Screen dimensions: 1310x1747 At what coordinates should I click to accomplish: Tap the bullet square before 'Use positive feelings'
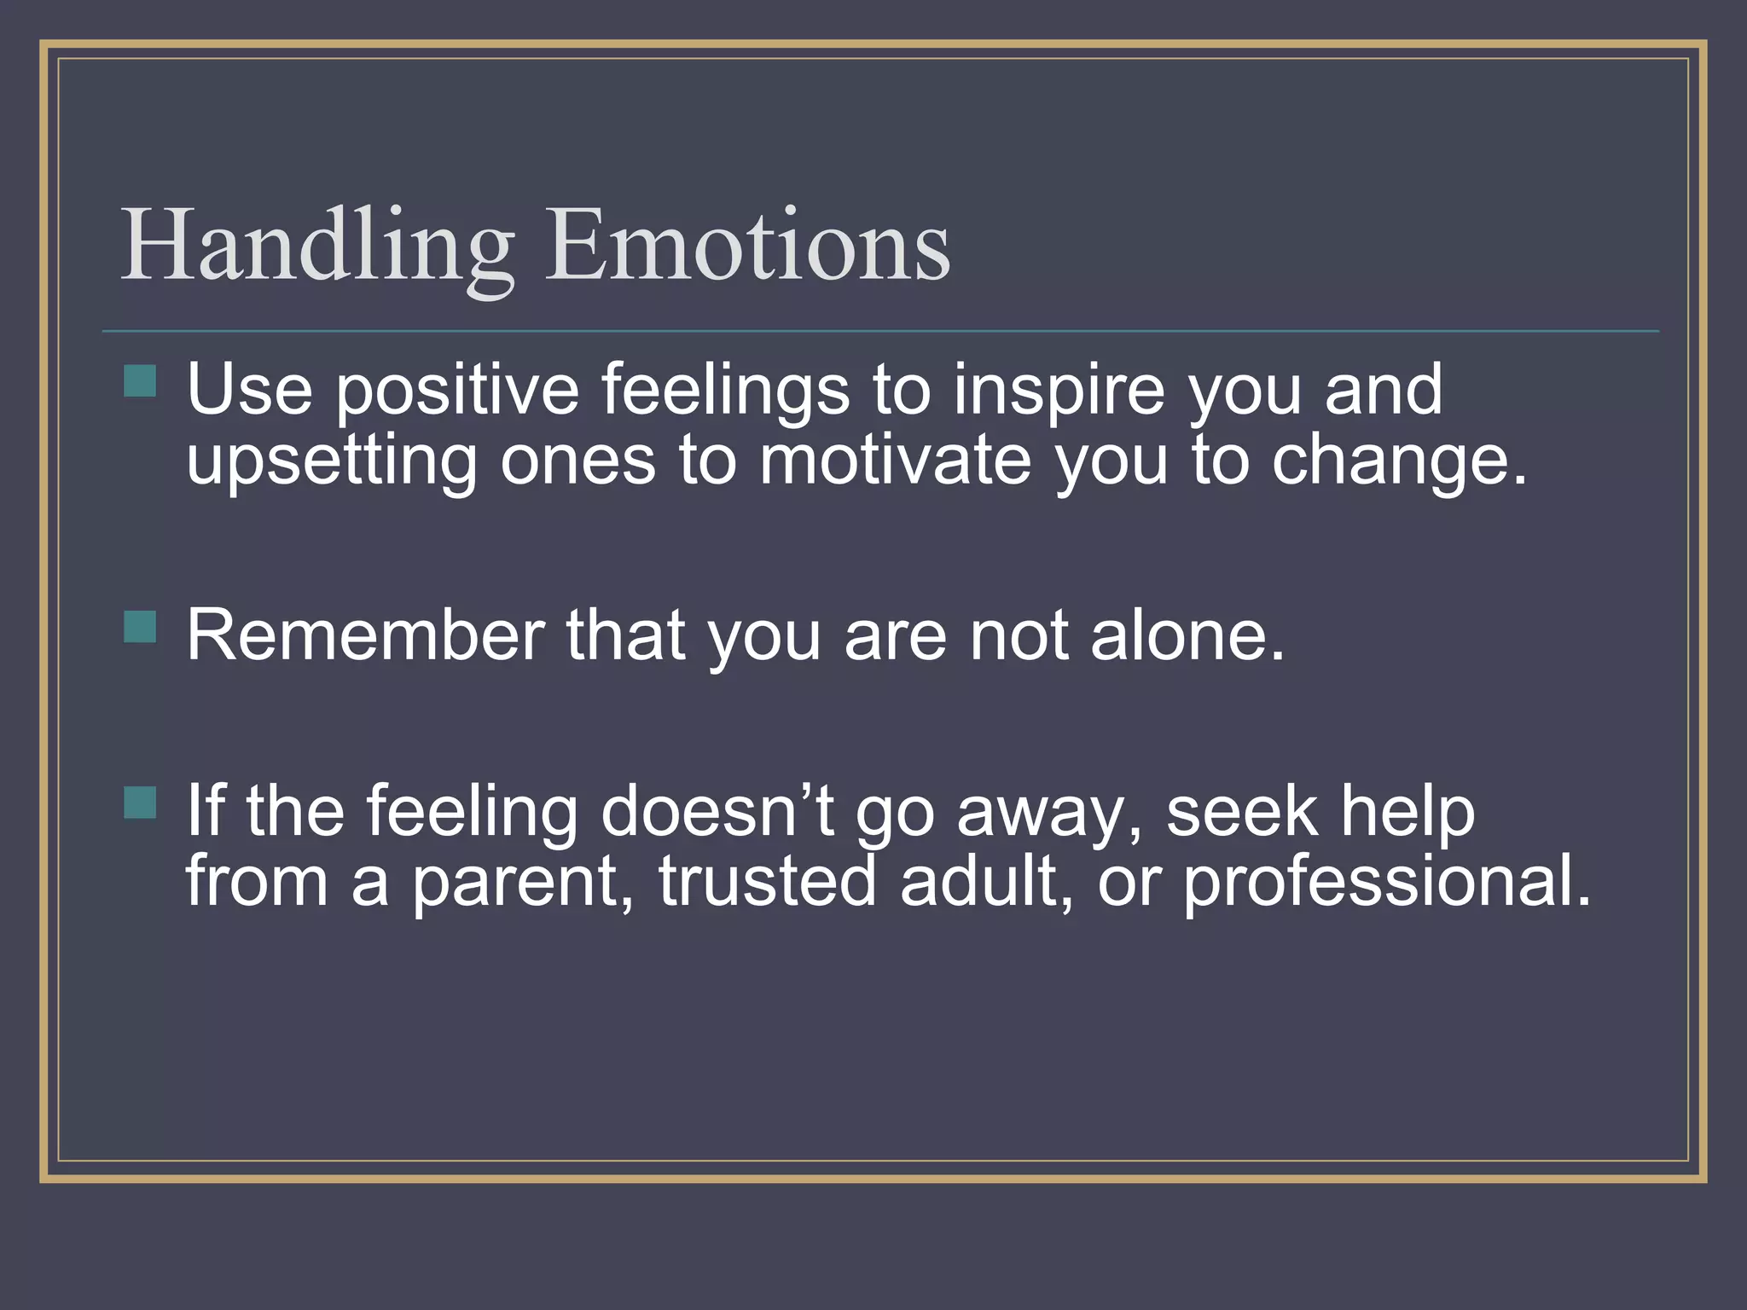click(x=140, y=381)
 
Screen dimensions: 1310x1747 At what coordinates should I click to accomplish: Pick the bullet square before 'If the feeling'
click(x=140, y=803)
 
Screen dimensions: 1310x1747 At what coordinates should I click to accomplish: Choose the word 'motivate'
click(x=895, y=461)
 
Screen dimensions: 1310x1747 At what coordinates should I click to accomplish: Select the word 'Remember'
click(x=365, y=635)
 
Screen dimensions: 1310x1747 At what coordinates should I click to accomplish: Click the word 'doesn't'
click(x=717, y=811)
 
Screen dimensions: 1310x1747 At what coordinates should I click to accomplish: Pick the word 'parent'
click(x=522, y=884)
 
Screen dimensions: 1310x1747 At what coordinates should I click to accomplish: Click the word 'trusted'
click(x=767, y=882)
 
